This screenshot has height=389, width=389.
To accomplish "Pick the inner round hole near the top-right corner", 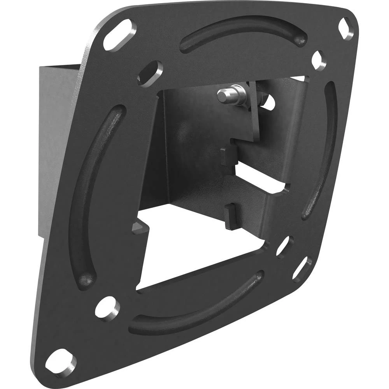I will (x=319, y=60).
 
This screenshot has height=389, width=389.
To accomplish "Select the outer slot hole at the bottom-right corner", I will (x=302, y=269).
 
